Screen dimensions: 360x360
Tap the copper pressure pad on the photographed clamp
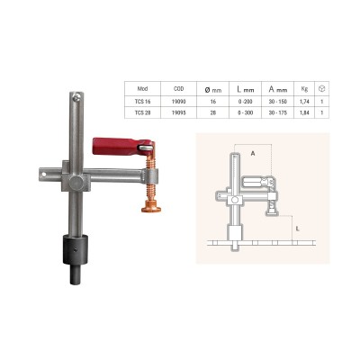pyautogui.click(x=151, y=207)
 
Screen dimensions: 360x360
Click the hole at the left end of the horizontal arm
pyautogui.click(x=44, y=174)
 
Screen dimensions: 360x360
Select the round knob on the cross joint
pyautogui.click(x=75, y=182)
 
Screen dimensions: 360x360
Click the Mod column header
pyautogui.click(x=142, y=89)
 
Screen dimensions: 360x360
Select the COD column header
pyautogui.click(x=178, y=89)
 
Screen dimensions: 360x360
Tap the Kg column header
pyautogui.click(x=304, y=89)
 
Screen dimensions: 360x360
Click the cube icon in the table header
pyautogui.click(x=321, y=88)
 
